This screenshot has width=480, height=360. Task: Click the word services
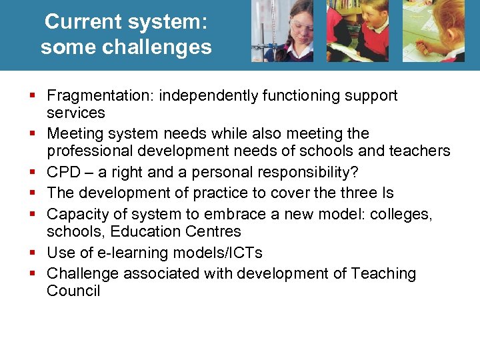coord(76,113)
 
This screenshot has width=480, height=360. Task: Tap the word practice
coord(219,193)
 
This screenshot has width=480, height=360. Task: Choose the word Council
coord(73,291)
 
